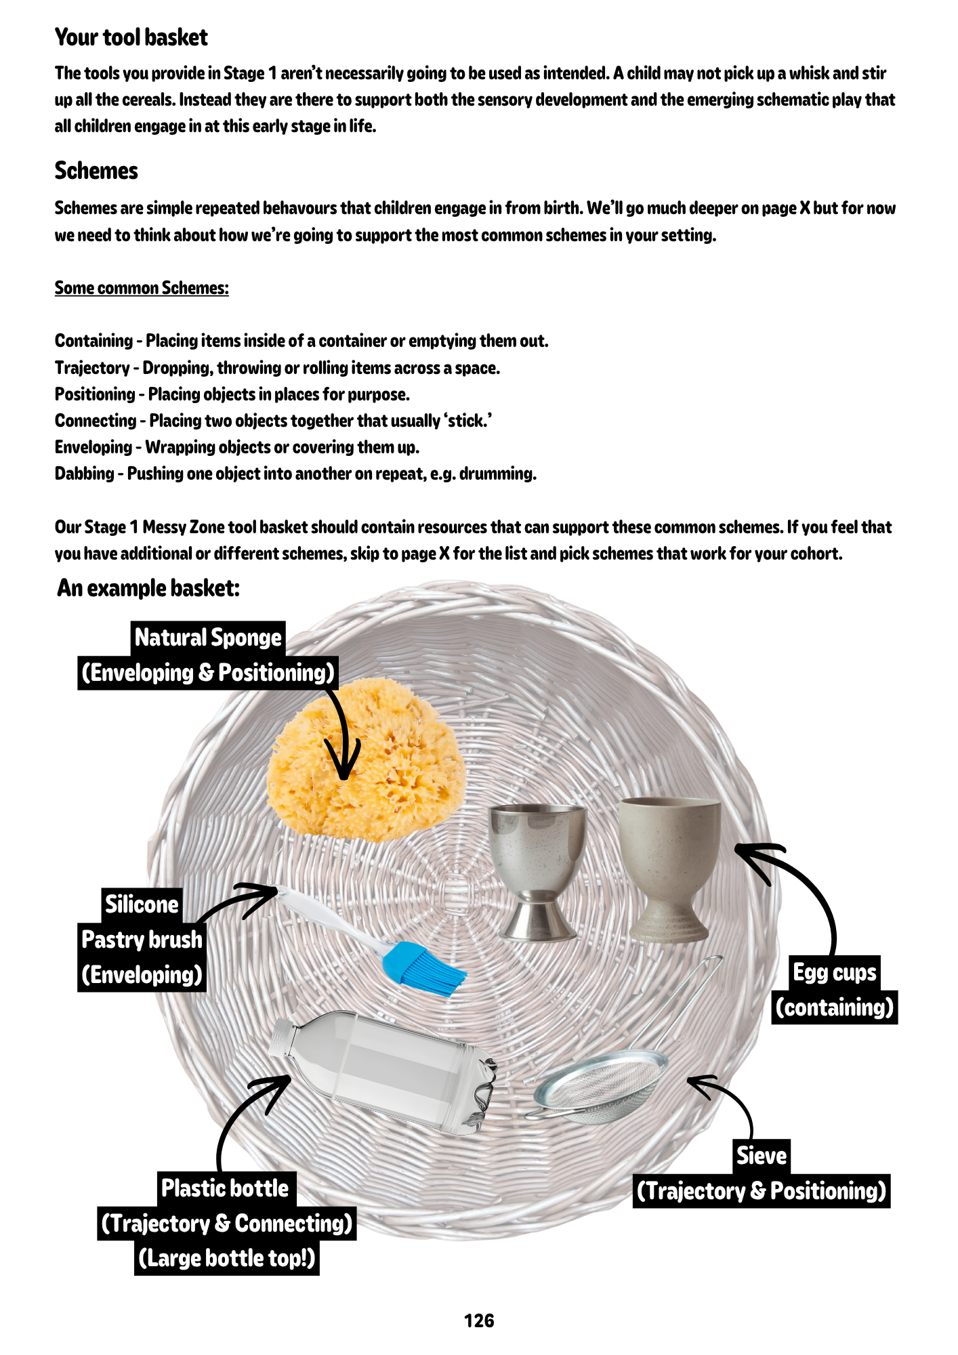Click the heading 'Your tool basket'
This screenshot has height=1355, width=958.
[131, 37]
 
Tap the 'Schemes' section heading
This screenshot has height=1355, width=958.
[96, 171]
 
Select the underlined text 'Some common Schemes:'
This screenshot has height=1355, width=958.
[142, 288]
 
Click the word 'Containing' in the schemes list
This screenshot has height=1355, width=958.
[93, 341]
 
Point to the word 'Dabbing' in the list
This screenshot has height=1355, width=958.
[84, 474]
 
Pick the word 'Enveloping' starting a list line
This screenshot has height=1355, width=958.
[93, 447]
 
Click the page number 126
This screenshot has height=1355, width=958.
[479, 1320]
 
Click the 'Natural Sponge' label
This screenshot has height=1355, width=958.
[208, 638]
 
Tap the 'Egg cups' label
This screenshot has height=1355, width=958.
[835, 972]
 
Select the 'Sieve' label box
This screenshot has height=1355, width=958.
[762, 1156]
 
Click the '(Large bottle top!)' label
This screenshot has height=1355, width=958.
[226, 1258]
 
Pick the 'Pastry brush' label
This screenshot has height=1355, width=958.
[142, 940]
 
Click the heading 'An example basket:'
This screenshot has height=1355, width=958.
[148, 588]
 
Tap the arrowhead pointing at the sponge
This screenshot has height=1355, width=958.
[344, 769]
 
